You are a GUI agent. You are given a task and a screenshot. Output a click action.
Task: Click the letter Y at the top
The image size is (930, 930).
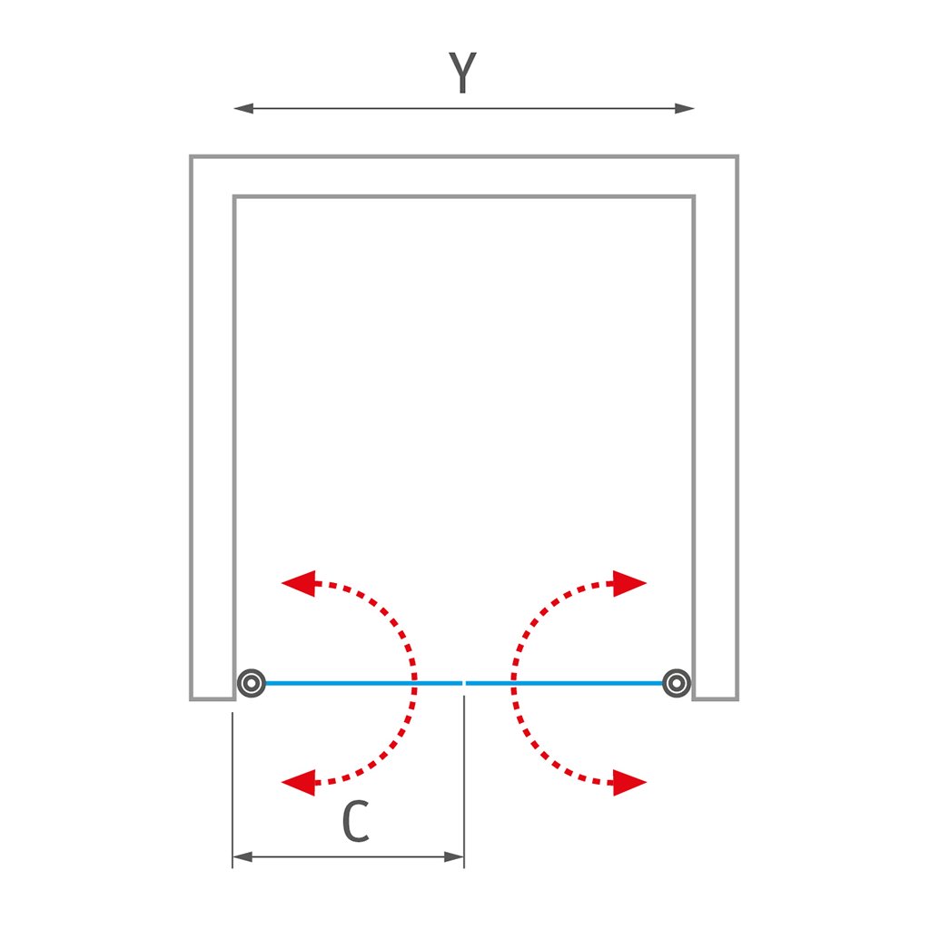[462, 74]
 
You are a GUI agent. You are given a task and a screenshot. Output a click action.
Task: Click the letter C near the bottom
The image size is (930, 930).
[356, 823]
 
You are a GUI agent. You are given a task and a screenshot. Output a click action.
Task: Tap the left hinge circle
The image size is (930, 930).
[251, 682]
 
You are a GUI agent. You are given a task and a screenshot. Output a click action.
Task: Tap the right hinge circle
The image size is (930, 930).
[676, 682]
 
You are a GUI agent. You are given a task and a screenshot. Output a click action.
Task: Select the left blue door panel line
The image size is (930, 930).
[354, 682]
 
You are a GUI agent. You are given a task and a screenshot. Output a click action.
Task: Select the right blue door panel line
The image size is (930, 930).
[568, 682]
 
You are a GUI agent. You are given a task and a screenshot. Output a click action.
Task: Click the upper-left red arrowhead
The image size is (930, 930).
[298, 583]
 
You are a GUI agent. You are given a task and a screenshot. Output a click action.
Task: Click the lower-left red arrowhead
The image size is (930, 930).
[298, 781]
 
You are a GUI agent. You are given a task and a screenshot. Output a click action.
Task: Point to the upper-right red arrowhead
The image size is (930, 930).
[628, 583]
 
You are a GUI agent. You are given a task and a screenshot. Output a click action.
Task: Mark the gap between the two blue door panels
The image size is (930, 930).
[464, 682]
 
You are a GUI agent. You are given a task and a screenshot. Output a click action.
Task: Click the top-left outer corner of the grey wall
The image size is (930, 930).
[192, 157]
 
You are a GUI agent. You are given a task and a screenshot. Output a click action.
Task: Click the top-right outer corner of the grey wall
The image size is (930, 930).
[737, 157]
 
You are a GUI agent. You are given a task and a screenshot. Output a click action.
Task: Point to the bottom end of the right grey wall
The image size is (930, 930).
[715, 698]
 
